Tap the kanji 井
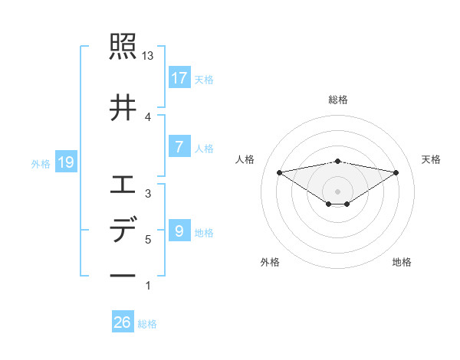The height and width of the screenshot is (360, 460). tap(123, 106)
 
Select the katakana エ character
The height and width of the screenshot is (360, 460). tap(123, 184)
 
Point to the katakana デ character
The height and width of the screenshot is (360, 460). tap(123, 231)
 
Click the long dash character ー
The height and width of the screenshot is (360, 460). tap(123, 275)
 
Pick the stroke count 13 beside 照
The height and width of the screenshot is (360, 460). tap(148, 56)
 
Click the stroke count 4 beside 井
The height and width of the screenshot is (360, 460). tap(148, 116)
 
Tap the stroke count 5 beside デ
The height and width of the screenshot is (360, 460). tap(148, 240)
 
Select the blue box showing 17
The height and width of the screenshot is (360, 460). tap(179, 78)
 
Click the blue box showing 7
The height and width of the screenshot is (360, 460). tap(179, 147)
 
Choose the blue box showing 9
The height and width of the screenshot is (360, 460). tap(179, 231)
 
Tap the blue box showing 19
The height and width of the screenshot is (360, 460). tap(65, 162)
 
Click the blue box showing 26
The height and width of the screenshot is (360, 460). tap(123, 322)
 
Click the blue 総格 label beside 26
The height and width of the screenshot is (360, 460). tap(148, 324)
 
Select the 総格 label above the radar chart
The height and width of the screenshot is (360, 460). tap(337, 100)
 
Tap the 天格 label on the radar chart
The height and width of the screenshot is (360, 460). tap(431, 159)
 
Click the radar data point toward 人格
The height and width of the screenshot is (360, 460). tap(280, 172)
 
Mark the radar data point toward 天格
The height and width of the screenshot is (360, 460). tap(396, 172)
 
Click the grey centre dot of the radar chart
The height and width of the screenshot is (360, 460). tap(337, 190)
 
